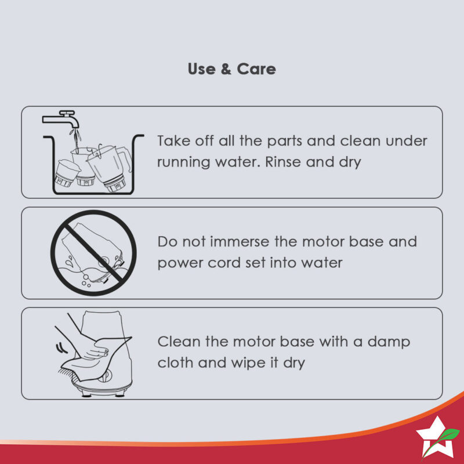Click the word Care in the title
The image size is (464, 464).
click(x=256, y=69)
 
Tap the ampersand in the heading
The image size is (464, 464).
click(x=226, y=69)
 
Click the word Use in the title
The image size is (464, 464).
click(x=201, y=69)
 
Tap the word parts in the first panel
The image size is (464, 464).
click(x=284, y=142)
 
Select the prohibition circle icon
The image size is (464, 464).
click(x=93, y=253)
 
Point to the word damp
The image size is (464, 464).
click(x=389, y=342)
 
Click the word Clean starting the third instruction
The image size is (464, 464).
click(x=179, y=342)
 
